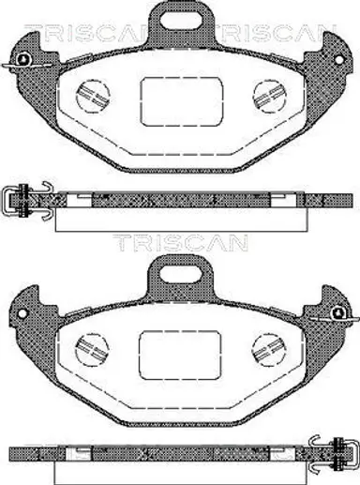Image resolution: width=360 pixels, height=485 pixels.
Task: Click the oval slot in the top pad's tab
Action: click(180, 19)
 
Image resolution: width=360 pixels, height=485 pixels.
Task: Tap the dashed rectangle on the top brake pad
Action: click(182, 101)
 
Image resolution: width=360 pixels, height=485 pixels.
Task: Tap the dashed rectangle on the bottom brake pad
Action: click(180, 355)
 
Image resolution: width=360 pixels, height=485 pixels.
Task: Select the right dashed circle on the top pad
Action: click(270, 97)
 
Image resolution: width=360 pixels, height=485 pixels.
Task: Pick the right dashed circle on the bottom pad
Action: click(269, 349)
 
